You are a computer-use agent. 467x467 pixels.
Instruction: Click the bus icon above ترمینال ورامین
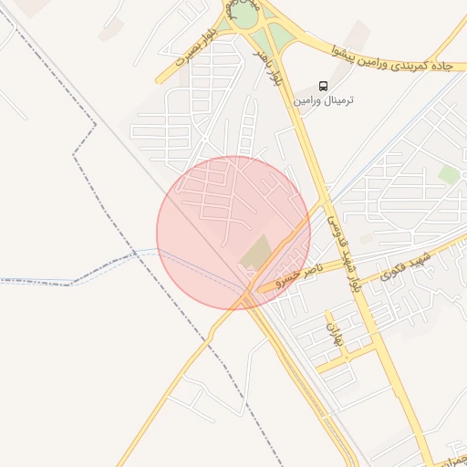[324, 86]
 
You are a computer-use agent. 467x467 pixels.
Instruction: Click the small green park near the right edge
[448, 173]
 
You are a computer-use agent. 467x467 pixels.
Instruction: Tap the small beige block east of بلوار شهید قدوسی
[366, 238]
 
